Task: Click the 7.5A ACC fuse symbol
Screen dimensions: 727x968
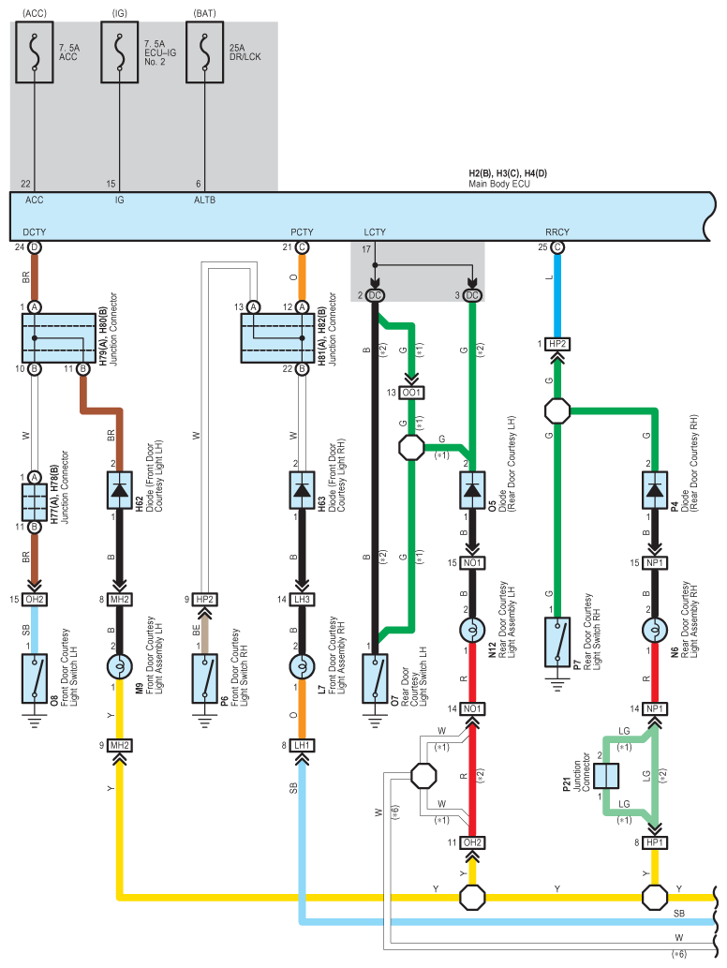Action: pos(35,52)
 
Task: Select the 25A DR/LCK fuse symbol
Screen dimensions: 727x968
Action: pos(205,52)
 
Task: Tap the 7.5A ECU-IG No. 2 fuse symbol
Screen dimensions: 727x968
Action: pos(120,52)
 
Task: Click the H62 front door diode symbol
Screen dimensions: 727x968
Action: pos(120,490)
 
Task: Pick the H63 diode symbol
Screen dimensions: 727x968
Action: pos(302,490)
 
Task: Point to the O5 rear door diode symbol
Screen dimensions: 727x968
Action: pos(472,490)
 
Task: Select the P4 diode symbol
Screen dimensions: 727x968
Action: pos(655,490)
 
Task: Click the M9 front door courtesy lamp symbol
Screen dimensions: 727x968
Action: pos(120,667)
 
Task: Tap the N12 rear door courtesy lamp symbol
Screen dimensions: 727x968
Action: pos(472,631)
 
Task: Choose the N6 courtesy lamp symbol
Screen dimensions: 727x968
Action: pos(655,631)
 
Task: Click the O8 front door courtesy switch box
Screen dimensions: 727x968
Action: pos(35,678)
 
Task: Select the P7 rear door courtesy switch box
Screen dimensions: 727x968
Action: pos(557,642)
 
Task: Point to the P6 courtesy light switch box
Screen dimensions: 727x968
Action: pos(205,678)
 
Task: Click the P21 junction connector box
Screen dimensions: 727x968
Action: pos(606,776)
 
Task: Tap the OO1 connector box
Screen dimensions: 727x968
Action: pos(411,393)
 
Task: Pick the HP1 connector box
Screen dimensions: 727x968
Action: pos(655,842)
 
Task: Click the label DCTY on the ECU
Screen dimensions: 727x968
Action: pos(35,232)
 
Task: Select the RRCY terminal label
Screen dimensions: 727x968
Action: pos(557,232)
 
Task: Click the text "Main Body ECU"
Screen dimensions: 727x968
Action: pos(499,184)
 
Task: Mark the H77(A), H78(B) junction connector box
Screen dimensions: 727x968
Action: pos(35,502)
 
